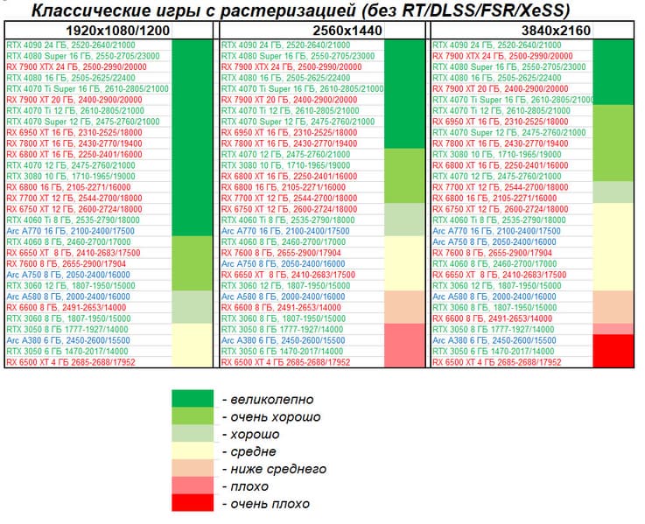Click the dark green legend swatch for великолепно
click(x=192, y=398)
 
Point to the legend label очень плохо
click(x=265, y=504)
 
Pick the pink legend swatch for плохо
click(x=192, y=486)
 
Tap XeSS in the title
click(x=544, y=10)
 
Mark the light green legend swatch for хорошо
click(x=192, y=434)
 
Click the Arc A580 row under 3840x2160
click(x=486, y=297)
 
